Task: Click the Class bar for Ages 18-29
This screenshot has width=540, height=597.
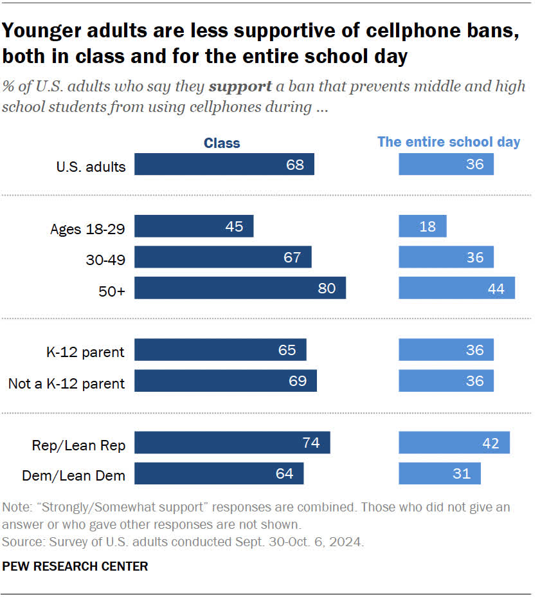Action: click(x=194, y=226)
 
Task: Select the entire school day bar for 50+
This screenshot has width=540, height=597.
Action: click(x=456, y=288)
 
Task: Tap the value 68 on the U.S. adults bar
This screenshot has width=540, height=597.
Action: click(x=295, y=164)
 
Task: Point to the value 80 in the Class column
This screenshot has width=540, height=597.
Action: click(x=327, y=288)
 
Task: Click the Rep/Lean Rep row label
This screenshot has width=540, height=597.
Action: click(x=79, y=445)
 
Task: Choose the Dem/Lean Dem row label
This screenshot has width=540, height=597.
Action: click(x=73, y=475)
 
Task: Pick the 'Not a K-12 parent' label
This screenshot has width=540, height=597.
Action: click(x=66, y=383)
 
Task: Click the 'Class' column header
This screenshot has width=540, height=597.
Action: click(x=222, y=143)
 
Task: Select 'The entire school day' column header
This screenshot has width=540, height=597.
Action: click(x=449, y=142)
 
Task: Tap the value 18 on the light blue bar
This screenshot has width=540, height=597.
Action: click(x=427, y=226)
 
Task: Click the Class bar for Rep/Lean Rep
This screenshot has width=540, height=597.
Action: click(x=232, y=443)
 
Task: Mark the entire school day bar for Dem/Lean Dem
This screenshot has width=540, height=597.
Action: click(x=439, y=473)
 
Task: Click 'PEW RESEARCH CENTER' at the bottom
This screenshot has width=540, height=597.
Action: click(x=75, y=567)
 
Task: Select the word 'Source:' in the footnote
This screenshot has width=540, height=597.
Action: click(x=22, y=542)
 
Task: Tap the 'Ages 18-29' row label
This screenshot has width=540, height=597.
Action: click(x=87, y=229)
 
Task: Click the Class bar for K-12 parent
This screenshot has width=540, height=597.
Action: click(x=221, y=350)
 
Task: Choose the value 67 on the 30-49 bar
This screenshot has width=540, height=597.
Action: click(x=292, y=257)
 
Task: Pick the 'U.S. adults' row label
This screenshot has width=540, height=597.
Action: click(x=91, y=167)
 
